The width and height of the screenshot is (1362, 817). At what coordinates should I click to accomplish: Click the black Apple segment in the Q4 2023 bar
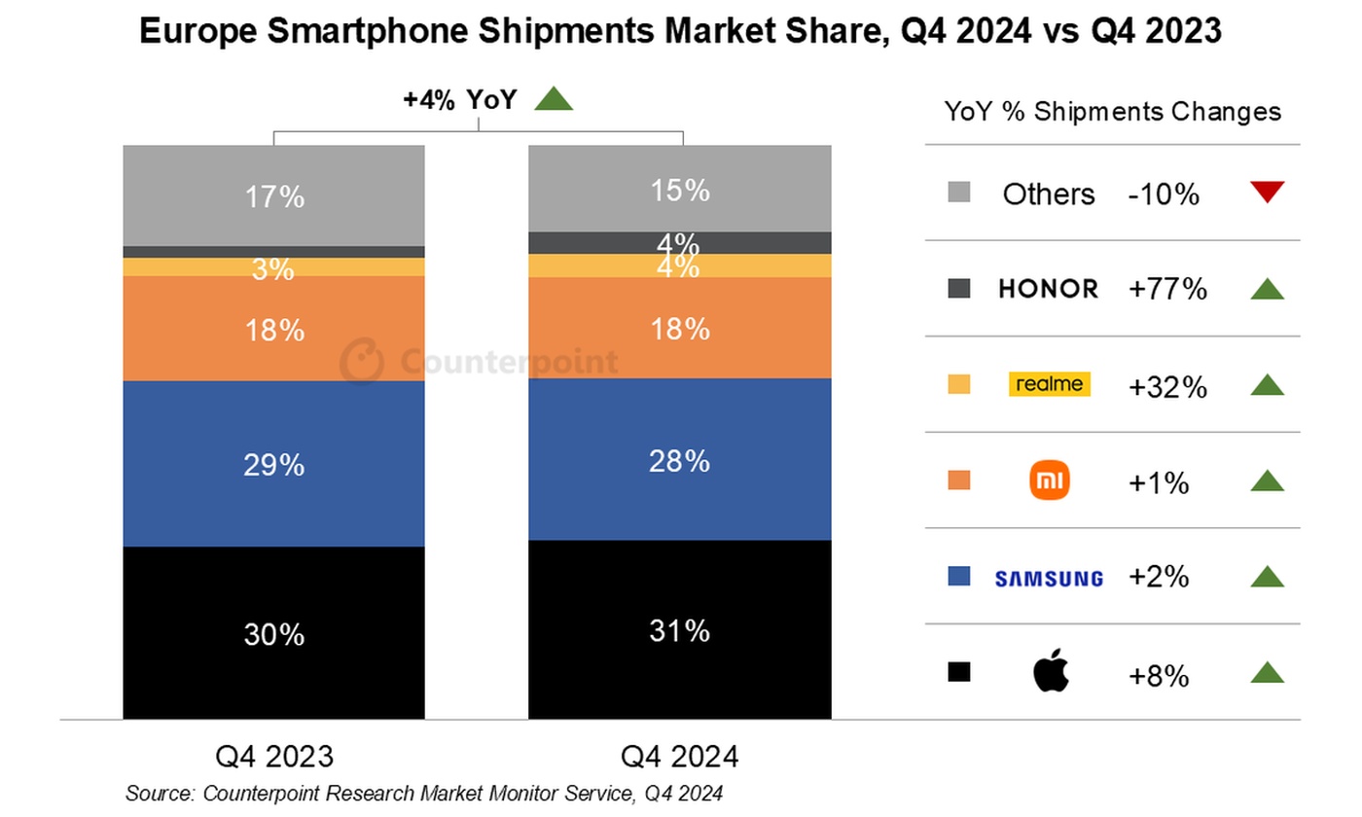click(x=273, y=632)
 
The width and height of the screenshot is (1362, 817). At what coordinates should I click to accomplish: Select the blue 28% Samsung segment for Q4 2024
click(x=680, y=459)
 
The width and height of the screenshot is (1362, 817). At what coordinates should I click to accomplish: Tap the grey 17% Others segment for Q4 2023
click(x=273, y=195)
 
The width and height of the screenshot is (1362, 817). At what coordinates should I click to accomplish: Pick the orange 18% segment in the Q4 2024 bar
click(x=680, y=328)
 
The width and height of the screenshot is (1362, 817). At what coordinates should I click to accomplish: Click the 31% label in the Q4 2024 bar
click(x=680, y=631)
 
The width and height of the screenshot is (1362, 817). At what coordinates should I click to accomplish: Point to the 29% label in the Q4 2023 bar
click(x=273, y=465)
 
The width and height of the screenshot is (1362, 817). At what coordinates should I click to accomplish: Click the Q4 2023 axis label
click(x=273, y=757)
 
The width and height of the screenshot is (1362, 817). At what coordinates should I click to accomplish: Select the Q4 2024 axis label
click(x=680, y=757)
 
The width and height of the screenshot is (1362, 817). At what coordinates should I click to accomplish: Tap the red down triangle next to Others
click(x=1268, y=192)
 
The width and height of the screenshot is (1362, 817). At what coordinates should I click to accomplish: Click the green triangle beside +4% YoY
click(x=554, y=98)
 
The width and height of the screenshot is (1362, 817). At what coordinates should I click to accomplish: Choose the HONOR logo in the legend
click(x=1048, y=289)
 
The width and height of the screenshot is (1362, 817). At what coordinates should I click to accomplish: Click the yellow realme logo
click(x=1048, y=384)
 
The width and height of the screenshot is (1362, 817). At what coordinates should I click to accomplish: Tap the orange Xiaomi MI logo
click(x=1049, y=480)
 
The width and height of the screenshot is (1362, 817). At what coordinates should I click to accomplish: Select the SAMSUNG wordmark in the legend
click(x=1048, y=578)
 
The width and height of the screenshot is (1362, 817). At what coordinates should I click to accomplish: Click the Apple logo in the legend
click(x=1050, y=673)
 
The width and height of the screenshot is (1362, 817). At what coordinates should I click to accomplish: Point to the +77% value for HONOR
click(x=1167, y=289)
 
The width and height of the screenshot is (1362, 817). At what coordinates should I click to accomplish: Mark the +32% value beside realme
click(x=1167, y=387)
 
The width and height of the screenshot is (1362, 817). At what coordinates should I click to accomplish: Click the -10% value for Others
click(x=1164, y=194)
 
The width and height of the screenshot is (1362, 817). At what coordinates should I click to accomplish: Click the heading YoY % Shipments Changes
click(x=1112, y=112)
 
